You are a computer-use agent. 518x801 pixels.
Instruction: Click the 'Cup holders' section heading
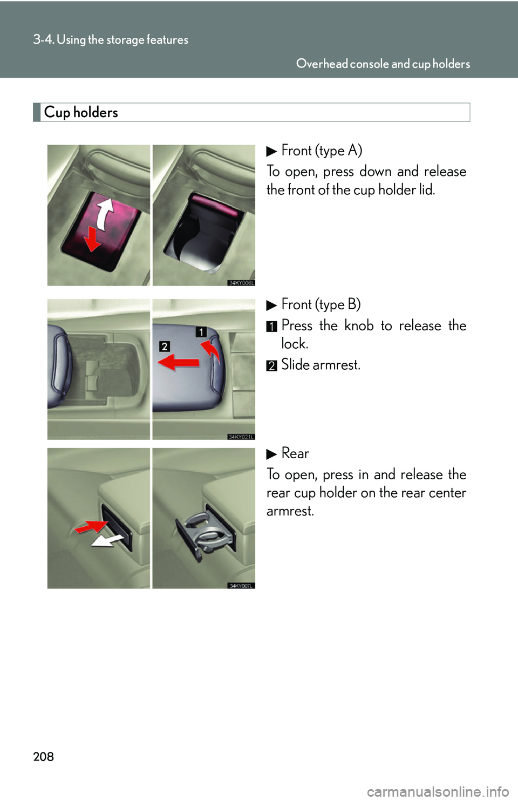point(81,112)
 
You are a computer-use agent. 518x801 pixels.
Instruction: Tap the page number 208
point(43,756)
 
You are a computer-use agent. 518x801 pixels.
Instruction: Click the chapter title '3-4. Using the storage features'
point(111,39)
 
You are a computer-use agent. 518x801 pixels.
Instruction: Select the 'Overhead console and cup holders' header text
point(383,64)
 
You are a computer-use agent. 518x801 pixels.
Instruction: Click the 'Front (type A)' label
point(321,151)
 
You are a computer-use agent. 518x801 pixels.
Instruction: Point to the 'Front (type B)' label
point(321,304)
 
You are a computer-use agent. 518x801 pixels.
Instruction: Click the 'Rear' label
point(295,453)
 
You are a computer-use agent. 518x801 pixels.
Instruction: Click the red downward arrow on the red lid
point(92,239)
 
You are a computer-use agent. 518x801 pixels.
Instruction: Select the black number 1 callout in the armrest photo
point(201,332)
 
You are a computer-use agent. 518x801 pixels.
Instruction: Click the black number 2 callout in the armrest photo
point(165,346)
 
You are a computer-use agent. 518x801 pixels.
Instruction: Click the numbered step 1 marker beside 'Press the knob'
point(271,327)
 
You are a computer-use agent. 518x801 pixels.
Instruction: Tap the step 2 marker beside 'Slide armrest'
point(271,365)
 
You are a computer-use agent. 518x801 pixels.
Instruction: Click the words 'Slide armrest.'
point(321,365)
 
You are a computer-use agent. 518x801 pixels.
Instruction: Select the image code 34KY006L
point(241,283)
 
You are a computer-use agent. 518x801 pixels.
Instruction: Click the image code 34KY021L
point(241,437)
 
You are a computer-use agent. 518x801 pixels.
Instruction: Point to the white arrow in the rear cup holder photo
point(108,540)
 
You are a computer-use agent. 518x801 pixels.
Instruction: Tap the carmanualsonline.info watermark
point(438,792)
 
